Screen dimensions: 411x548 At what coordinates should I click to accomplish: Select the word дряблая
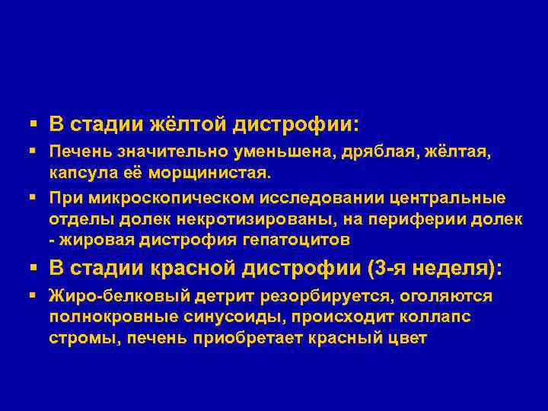[382, 154]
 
